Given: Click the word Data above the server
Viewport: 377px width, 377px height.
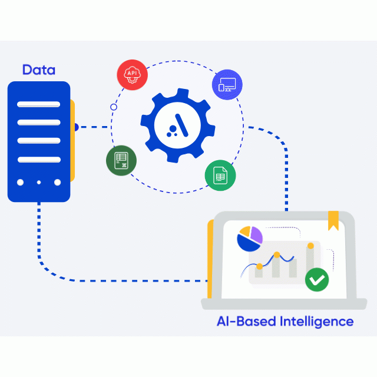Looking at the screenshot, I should pyautogui.click(x=39, y=70).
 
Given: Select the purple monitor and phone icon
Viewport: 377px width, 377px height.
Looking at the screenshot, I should pyautogui.click(x=227, y=85).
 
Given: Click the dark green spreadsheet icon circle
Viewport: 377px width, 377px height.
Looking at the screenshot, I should pyautogui.click(x=121, y=160).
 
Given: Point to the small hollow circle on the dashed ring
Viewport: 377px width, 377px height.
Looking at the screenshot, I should pyautogui.click(x=114, y=107).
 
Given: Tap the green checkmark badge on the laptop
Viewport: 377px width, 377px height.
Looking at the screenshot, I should pyautogui.click(x=317, y=279).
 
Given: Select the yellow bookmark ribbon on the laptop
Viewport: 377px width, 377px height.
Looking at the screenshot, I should pyautogui.click(x=333, y=220).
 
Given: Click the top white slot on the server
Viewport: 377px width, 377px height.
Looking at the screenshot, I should pyautogui.click(x=39, y=104).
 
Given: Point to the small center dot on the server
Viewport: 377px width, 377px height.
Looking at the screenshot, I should pyautogui.click(x=39, y=183).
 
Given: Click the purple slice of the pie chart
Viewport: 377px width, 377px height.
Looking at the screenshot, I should pyautogui.click(x=255, y=234).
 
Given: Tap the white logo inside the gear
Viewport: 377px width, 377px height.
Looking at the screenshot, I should pyautogui.click(x=177, y=124).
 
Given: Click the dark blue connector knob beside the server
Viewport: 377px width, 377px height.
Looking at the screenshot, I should pyautogui.click(x=75, y=127).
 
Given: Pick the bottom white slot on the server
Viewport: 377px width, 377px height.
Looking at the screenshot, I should pyautogui.click(x=39, y=160).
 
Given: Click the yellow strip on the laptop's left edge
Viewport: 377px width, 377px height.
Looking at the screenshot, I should pyautogui.click(x=209, y=259).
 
